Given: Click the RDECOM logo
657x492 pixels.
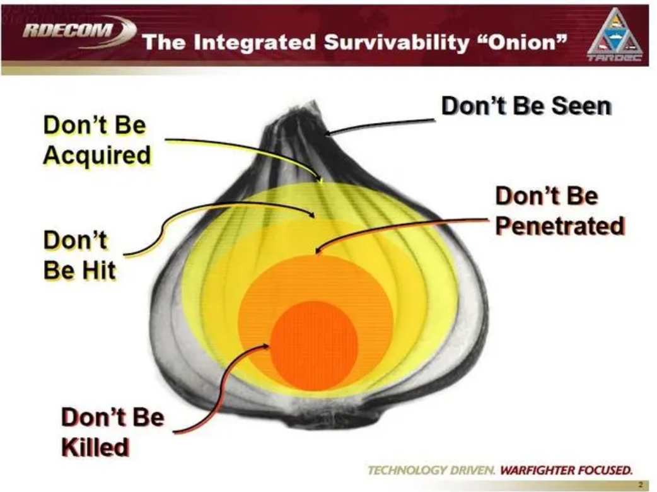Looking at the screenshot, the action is click(79, 32).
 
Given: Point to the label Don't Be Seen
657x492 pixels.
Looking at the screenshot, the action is click(526, 105).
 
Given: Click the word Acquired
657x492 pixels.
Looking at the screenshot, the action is click(97, 155).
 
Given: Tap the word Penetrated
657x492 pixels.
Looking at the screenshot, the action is click(560, 226).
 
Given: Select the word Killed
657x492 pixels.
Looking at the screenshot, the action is click(95, 447).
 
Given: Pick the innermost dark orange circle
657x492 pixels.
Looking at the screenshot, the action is click(314, 345).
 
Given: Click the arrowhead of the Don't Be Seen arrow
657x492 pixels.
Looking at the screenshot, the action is click(328, 134).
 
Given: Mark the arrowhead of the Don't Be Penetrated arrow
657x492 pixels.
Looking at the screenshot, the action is click(317, 252).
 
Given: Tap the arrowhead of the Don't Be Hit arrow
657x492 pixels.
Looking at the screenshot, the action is click(312, 214).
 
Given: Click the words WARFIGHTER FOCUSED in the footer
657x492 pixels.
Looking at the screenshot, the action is click(566, 470).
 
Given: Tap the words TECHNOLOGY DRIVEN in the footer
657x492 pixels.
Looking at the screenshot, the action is click(431, 470).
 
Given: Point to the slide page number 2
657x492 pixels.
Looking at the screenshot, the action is click(641, 485).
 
